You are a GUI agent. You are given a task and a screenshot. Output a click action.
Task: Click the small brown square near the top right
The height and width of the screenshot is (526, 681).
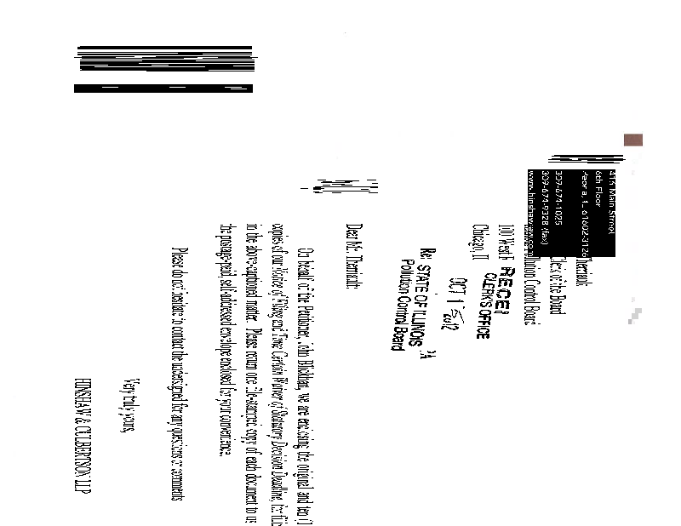coord(632,140)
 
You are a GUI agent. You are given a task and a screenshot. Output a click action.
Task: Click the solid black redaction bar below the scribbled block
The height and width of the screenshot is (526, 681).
coord(163,88)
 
